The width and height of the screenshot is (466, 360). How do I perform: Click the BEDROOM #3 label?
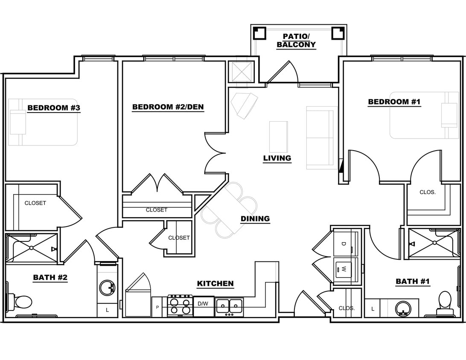click(54, 107)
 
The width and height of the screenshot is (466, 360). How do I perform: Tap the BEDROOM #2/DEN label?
click(168, 107)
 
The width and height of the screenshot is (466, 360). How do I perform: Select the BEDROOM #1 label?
click(394, 102)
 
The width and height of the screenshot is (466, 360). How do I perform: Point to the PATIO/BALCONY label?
click(296, 41)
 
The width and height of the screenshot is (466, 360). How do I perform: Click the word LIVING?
click(277, 158)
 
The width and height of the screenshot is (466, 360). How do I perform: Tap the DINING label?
click(255, 219)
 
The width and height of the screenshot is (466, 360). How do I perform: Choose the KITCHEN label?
click(215, 283)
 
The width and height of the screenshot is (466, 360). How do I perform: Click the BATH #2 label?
click(50, 277)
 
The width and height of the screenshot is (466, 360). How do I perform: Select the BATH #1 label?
click(413, 281)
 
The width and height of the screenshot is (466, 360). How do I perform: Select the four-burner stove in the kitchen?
click(180, 306)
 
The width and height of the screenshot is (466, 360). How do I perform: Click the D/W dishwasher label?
click(203, 304)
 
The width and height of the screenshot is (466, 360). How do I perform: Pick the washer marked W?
click(343, 270)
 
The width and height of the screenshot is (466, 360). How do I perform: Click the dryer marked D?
click(343, 244)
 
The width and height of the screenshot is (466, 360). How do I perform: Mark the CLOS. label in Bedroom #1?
click(427, 192)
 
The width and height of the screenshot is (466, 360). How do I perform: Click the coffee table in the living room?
click(279, 136)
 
